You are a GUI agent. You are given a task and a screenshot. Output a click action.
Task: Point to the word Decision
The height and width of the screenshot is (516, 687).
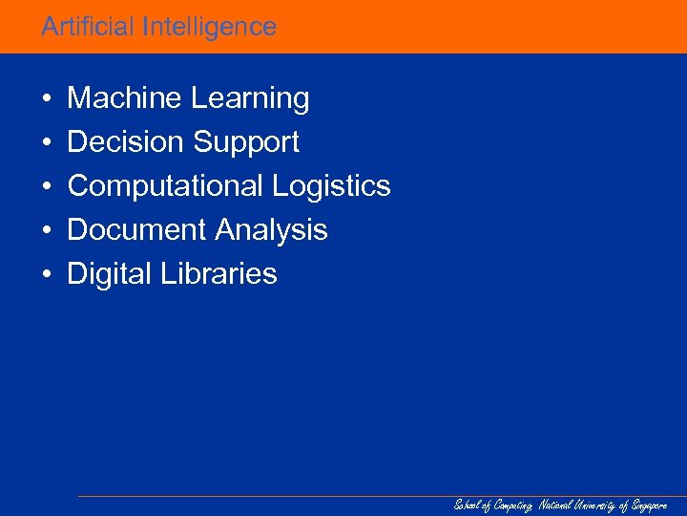point(125,142)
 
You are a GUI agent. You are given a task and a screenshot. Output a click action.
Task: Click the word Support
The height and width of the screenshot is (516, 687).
point(246,143)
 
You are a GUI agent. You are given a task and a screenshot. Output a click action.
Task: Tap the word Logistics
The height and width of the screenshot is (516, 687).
point(331,186)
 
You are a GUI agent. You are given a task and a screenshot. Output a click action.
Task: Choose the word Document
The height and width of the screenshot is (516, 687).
point(136,230)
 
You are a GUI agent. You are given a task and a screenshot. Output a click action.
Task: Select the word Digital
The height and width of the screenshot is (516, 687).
point(105,274)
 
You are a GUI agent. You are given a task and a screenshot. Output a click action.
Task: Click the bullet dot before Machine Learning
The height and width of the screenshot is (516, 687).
point(46,99)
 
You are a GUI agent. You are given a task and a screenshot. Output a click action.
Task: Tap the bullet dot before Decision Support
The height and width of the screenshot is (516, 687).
point(46,143)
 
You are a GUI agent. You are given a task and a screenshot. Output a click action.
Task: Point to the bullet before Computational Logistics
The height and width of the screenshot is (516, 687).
point(46,187)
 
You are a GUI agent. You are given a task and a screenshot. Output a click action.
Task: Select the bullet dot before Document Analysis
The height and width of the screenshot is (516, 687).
point(46,231)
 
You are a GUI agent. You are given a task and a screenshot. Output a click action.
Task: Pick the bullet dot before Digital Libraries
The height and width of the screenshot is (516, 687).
point(46,275)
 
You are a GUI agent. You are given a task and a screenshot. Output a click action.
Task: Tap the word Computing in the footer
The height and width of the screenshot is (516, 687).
point(513,505)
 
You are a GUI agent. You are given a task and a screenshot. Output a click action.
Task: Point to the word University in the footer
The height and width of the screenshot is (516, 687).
point(594,505)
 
